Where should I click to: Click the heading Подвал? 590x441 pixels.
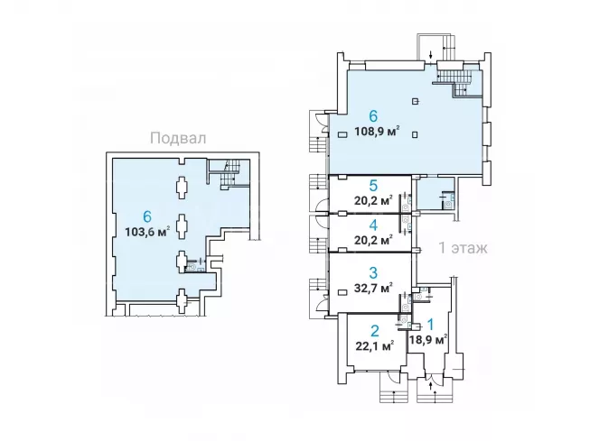click(x=178, y=138)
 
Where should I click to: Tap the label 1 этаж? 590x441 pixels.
click(x=464, y=248)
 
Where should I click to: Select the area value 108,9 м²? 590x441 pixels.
click(x=377, y=132)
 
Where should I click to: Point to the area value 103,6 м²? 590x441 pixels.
click(x=147, y=231)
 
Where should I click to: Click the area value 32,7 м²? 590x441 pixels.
click(x=374, y=288)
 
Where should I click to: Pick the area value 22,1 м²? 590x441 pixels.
click(x=375, y=345)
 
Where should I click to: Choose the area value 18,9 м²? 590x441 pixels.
click(x=428, y=340)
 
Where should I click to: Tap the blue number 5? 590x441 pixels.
click(x=373, y=186)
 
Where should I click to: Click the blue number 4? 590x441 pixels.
click(x=373, y=225)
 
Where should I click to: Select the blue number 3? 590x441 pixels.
click(x=373, y=272)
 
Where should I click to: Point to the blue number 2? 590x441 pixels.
click(x=375, y=331)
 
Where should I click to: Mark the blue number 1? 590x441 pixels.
click(x=430, y=325)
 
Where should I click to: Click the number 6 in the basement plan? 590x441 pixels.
click(x=147, y=216)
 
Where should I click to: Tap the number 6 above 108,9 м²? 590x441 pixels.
click(x=373, y=116)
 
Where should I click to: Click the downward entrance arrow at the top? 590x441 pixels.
click(x=430, y=55)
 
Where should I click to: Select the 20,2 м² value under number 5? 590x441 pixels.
click(x=374, y=199)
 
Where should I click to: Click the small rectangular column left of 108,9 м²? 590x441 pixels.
click(x=342, y=134)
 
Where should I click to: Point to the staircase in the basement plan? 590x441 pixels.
click(x=229, y=173)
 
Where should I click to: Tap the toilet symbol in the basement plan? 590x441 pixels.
click(x=192, y=268)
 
